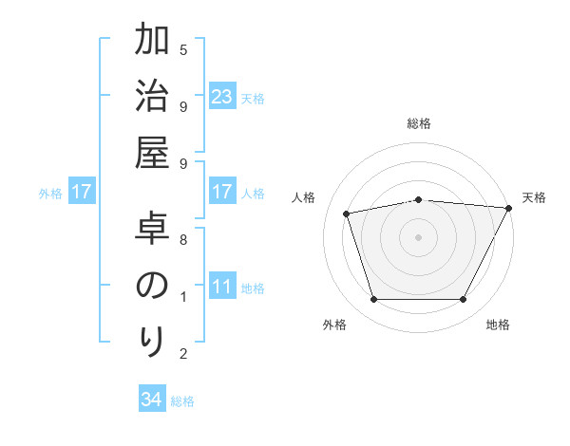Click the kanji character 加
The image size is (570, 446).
click(152, 44)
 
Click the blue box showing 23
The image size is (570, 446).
click(221, 97)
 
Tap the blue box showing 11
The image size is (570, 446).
click(221, 288)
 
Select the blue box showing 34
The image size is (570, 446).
click(151, 400)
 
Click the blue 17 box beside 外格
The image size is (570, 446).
click(82, 193)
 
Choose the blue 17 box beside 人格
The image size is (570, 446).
click(221, 193)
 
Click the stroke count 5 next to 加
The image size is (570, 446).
click(183, 49)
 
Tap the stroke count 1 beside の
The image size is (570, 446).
click(183, 297)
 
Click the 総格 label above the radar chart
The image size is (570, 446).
click(419, 123)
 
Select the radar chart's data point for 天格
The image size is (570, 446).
click(510, 208)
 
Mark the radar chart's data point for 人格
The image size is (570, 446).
click(347, 213)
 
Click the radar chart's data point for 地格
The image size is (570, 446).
click(464, 300)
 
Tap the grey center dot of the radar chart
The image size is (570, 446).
click(419, 237)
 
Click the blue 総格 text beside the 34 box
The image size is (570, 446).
click(183, 401)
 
